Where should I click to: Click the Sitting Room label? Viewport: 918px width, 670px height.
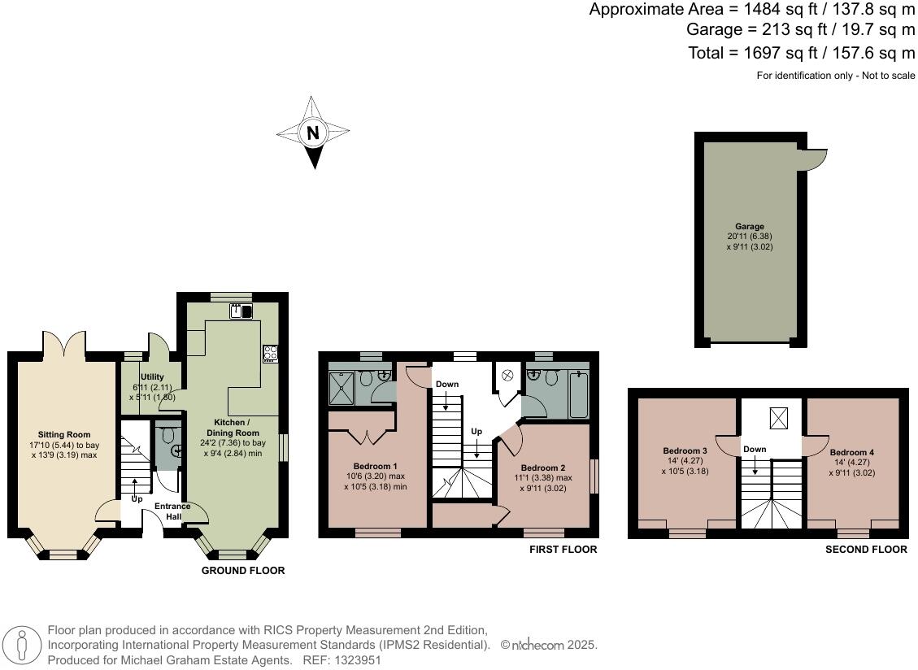pyautogui.click(x=64, y=434)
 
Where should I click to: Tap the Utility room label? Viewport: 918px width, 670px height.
pyautogui.click(x=152, y=377)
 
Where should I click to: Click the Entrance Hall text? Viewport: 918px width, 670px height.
pyautogui.click(x=172, y=511)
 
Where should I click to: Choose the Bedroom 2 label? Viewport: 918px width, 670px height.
pyautogui.click(x=542, y=468)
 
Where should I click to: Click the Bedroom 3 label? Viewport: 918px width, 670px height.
pyautogui.click(x=684, y=450)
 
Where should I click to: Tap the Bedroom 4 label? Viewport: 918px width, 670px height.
pyautogui.click(x=851, y=451)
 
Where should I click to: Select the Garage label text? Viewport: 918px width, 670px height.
pyautogui.click(x=750, y=227)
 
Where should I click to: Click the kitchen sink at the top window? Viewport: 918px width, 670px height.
pyautogui.click(x=241, y=311)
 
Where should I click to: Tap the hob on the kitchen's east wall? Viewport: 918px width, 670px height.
pyautogui.click(x=270, y=354)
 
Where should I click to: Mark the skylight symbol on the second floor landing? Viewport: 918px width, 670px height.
pyautogui.click(x=778, y=419)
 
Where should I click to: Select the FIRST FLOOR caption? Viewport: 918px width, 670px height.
pyautogui.click(x=563, y=550)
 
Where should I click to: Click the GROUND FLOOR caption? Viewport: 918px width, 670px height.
pyautogui.click(x=243, y=571)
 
